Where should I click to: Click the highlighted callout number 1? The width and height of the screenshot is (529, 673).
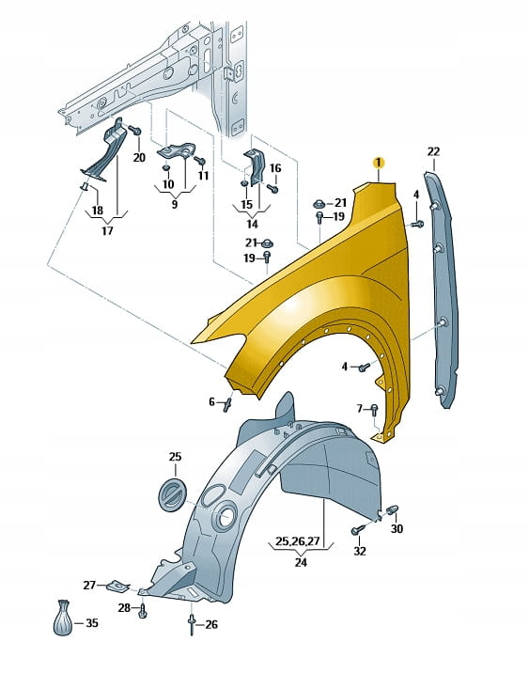pos(379,163)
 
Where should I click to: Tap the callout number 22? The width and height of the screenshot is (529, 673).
pos(433,151)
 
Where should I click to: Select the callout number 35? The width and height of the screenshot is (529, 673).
pos(92,623)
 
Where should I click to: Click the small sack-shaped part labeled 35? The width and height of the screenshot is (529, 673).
pos(63,618)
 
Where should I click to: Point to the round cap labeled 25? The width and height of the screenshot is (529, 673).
pos(173,494)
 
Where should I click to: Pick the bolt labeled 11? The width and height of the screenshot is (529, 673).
pos(200,161)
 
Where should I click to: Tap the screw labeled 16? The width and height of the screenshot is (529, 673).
pos(272,188)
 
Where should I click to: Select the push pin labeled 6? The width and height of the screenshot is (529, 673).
pos(227,404)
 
